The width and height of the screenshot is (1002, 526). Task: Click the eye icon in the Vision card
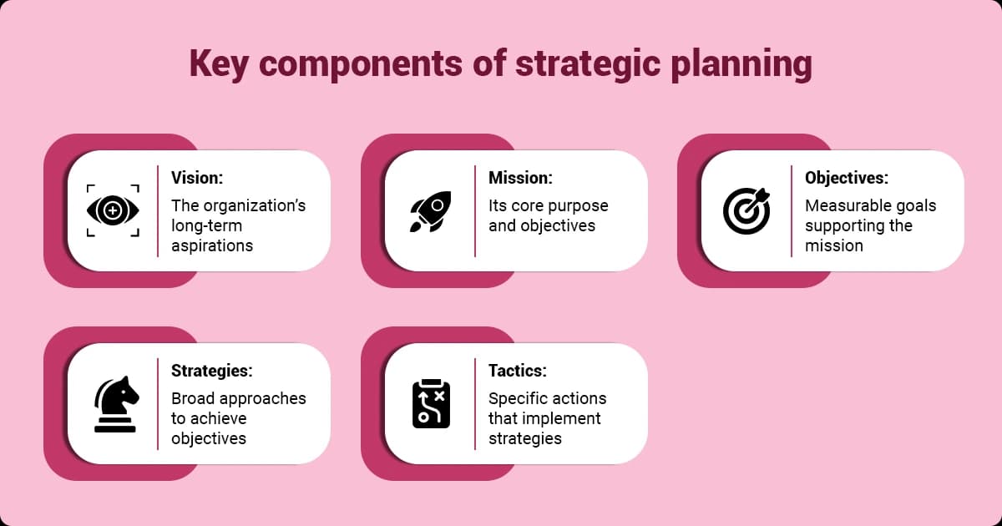tap(114, 210)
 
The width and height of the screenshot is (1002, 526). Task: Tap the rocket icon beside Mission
tap(431, 210)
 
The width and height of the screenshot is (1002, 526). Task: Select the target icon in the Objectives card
tap(746, 210)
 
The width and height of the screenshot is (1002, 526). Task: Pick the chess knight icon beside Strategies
tap(114, 404)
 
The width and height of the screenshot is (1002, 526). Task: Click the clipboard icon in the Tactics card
tap(431, 404)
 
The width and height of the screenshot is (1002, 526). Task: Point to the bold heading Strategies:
tap(211, 371)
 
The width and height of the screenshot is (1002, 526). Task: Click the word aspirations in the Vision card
tap(212, 245)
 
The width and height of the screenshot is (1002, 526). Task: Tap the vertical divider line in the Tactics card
tap(475, 404)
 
